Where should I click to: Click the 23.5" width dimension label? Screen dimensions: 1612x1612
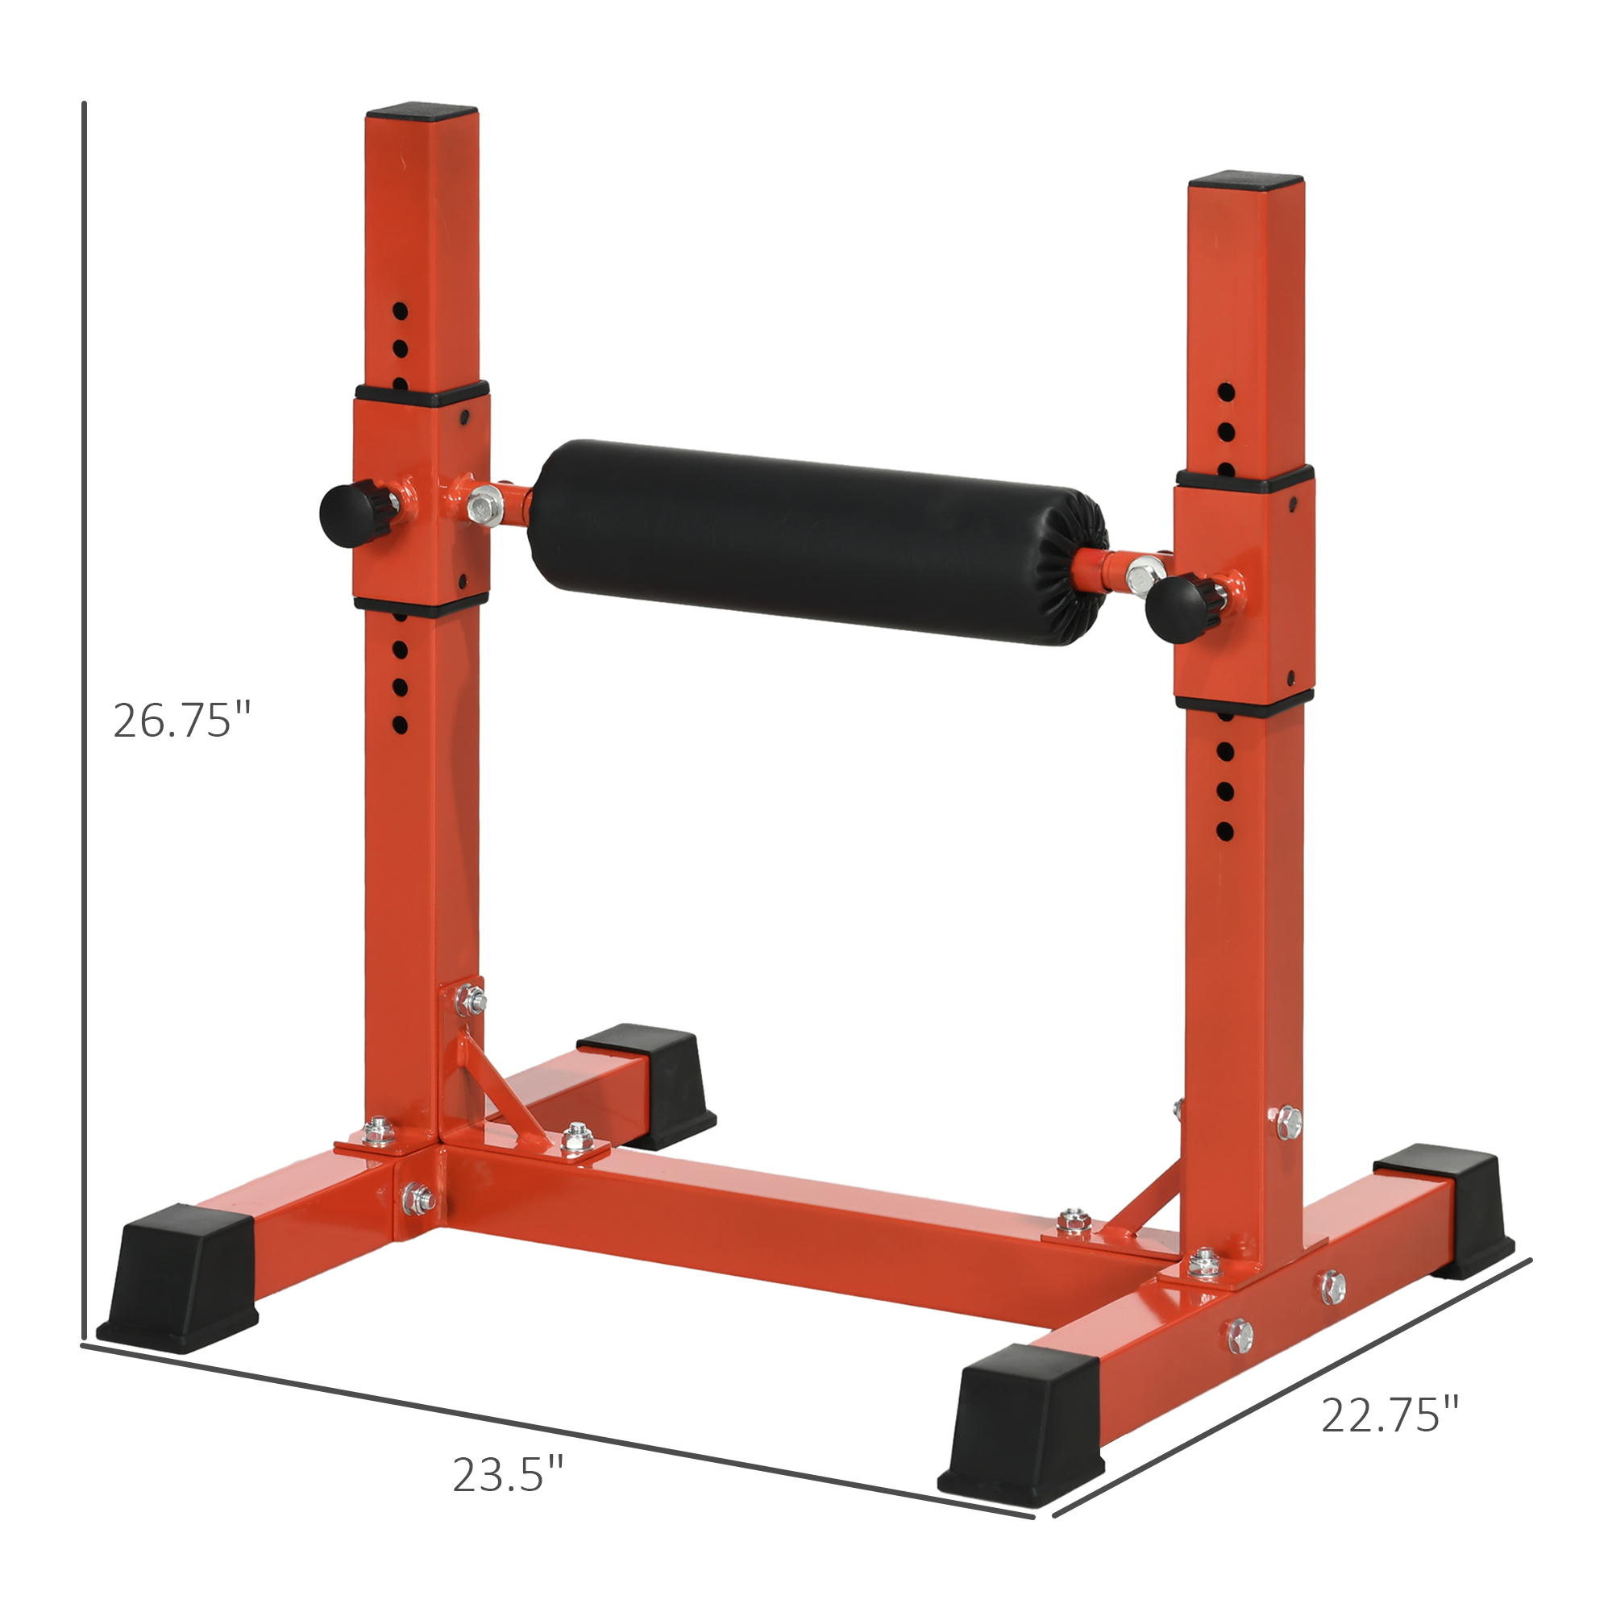tap(508, 1474)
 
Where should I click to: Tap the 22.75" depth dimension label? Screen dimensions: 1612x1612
tap(1390, 1414)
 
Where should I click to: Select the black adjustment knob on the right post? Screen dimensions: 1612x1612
tap(1173, 610)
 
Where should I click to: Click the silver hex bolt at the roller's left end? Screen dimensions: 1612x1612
tap(481, 506)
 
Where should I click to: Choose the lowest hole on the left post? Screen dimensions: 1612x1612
tap(400, 725)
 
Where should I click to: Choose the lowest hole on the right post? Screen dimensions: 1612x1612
tap(1226, 831)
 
